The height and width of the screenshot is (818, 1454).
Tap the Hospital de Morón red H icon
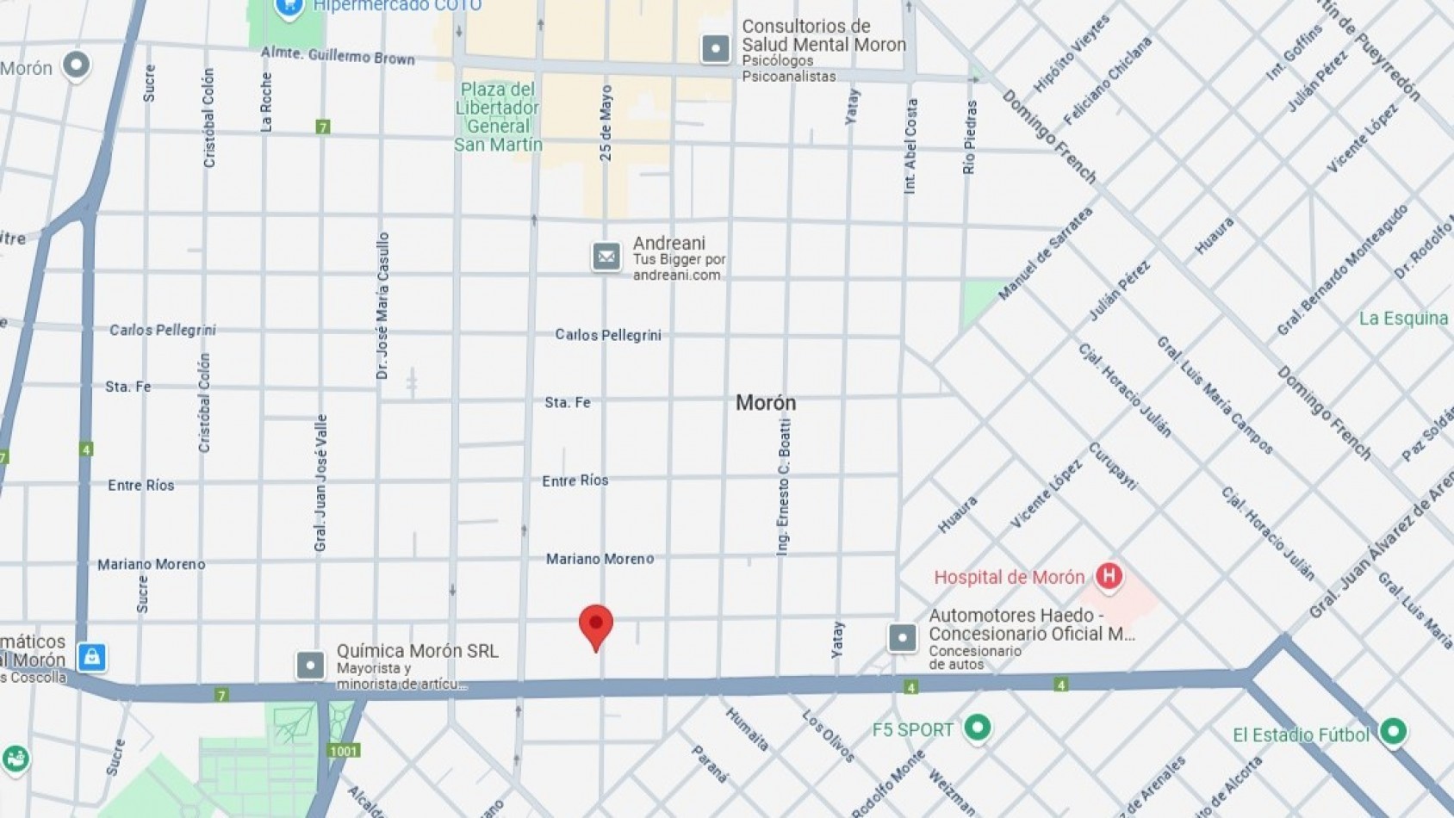pyautogui.click(x=1109, y=576)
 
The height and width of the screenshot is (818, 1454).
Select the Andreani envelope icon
pyautogui.click(x=606, y=257)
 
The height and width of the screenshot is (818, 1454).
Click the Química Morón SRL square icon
pyautogui.click(x=310, y=665)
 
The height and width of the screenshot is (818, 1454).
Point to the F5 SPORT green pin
pyautogui.click(x=977, y=728)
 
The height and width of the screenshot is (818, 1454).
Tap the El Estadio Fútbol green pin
pyautogui.click(x=1393, y=732)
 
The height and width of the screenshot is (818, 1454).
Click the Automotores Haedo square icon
pyautogui.click(x=902, y=638)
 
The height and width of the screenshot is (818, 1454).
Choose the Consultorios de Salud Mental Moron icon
pyautogui.click(x=715, y=48)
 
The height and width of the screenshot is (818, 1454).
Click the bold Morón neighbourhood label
pyautogui.click(x=765, y=403)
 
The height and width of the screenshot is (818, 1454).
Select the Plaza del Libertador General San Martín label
pyautogui.click(x=498, y=117)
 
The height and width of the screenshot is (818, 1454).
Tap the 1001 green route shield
pyautogui.click(x=343, y=751)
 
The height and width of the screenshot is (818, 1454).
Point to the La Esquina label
pyautogui.click(x=1403, y=319)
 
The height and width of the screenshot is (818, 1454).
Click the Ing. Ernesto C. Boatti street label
pyautogui.click(x=783, y=487)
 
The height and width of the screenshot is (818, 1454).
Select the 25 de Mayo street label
pyautogui.click(x=606, y=123)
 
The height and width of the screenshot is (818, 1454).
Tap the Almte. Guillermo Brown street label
pyautogui.click(x=338, y=56)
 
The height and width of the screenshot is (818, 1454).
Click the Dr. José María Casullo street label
pyautogui.click(x=383, y=306)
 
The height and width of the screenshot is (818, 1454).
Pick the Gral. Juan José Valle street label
pyautogui.click(x=321, y=483)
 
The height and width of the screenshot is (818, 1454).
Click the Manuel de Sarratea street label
pyautogui.click(x=1045, y=254)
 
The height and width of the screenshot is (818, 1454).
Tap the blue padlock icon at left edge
pyautogui.click(x=91, y=657)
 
